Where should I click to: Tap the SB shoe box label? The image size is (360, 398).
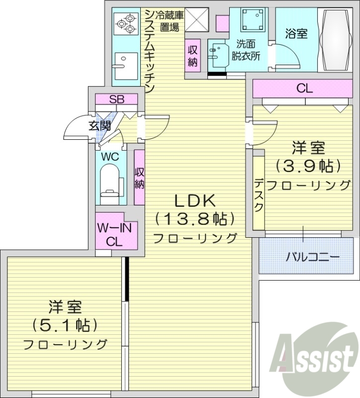[117, 99]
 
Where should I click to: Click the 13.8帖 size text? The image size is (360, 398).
[194, 219]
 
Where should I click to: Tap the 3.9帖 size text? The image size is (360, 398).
[308, 165]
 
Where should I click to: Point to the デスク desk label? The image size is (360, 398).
[259, 195]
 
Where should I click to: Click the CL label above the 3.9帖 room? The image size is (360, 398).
[304, 89]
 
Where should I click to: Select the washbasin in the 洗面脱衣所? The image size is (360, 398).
[217, 55]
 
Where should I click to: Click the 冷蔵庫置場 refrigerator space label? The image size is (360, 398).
[169, 20]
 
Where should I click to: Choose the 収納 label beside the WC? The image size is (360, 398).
[140, 178]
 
